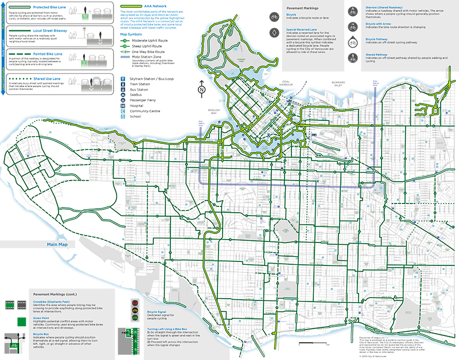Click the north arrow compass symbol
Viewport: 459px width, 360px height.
pos(201,88)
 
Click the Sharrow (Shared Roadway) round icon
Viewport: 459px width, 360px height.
pos(351,10)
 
